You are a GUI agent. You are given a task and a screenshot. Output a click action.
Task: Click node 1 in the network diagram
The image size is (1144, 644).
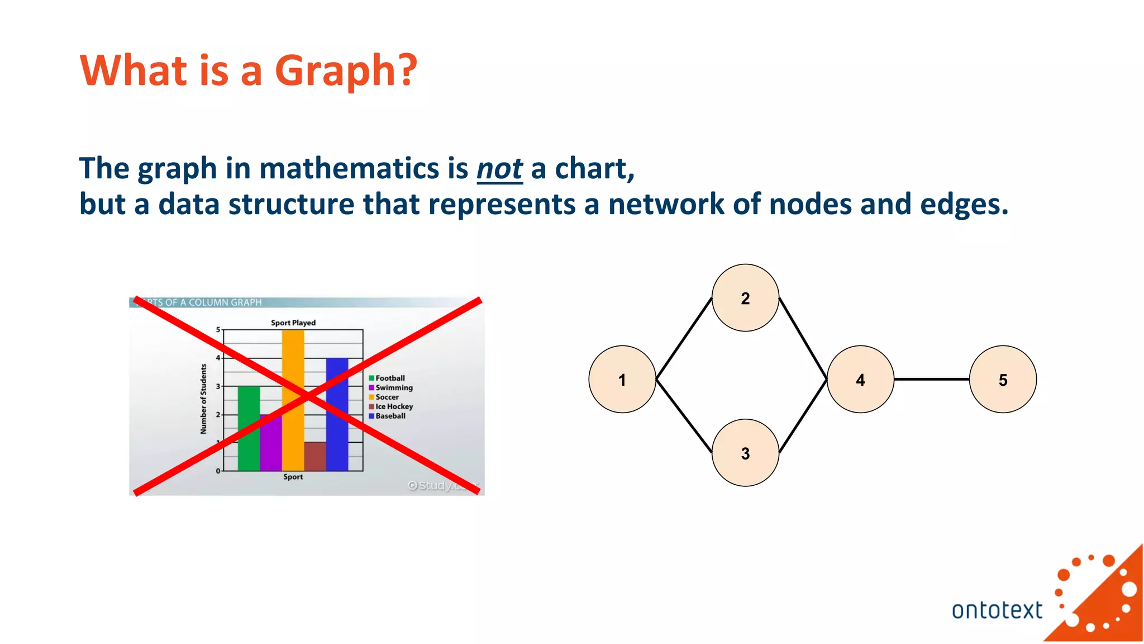tap(622, 380)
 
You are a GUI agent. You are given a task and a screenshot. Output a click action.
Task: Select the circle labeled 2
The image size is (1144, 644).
tap(745, 298)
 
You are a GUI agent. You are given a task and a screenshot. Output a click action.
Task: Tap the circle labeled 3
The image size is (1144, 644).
tap(745, 453)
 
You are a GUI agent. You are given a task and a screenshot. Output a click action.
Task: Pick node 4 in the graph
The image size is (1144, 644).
tap(860, 380)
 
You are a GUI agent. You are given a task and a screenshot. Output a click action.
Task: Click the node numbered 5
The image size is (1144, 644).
tap(1003, 380)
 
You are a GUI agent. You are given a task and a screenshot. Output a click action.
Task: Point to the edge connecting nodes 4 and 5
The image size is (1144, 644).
tap(931, 379)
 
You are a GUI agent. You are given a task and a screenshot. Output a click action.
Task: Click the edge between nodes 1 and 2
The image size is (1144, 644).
tap(684, 339)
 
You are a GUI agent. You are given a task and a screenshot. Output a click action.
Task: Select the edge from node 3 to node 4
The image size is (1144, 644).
tap(803, 416)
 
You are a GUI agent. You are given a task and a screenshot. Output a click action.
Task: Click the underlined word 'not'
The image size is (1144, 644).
tap(499, 169)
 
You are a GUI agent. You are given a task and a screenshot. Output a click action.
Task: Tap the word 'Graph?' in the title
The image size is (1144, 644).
tap(346, 71)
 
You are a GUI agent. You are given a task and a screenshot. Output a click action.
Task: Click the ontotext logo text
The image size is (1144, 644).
tap(997, 610)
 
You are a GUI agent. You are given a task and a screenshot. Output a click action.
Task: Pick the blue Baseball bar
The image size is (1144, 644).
tap(337, 425)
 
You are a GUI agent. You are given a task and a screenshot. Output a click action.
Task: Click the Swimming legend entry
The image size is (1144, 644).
tap(393, 387)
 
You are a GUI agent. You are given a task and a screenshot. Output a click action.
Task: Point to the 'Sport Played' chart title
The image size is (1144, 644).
tap(293, 323)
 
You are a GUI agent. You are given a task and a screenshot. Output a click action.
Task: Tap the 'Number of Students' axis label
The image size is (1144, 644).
tap(203, 399)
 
